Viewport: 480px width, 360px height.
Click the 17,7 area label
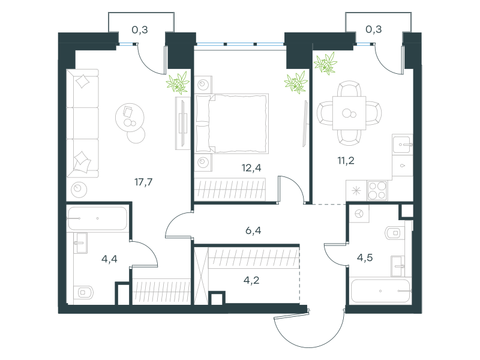143,182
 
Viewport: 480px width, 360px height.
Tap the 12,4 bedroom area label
251,168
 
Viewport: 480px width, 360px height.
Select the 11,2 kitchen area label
346,160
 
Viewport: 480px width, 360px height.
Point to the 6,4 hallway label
253,230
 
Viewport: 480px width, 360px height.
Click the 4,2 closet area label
251,280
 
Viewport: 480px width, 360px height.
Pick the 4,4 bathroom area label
109,259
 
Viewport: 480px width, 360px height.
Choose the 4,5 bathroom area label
365,257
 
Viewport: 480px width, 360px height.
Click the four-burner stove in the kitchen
377,190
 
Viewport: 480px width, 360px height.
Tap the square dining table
349,113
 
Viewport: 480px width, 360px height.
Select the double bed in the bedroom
232,124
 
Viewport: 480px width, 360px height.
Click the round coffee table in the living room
130,118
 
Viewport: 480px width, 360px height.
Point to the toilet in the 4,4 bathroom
83,293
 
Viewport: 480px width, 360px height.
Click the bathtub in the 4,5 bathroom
380,291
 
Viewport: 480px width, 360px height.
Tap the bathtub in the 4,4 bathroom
97,218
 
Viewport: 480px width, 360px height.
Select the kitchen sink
403,144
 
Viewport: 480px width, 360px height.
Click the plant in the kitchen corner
325,64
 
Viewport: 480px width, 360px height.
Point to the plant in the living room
178,83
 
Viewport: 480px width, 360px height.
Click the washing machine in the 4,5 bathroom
359,213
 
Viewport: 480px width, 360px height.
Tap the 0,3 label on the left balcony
140,29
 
